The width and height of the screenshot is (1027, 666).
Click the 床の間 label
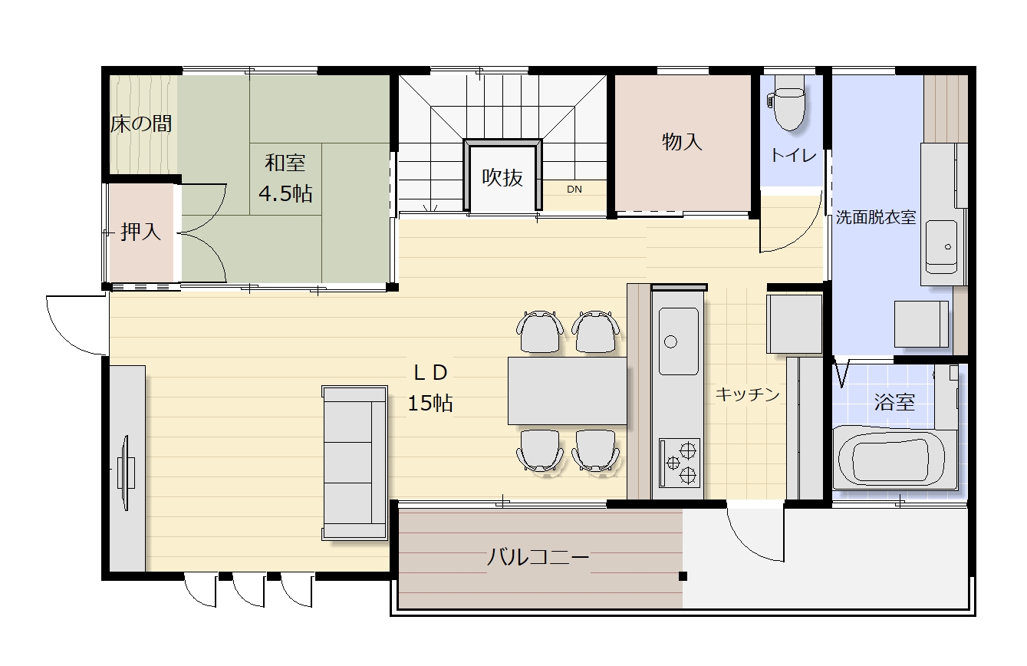(141, 124)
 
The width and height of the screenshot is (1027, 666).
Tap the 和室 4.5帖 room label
(285, 179)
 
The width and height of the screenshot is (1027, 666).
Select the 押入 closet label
(141, 232)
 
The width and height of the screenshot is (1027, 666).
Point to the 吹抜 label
(502, 177)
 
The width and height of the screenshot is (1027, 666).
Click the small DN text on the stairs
(574, 189)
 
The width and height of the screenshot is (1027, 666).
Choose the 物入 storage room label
(682, 142)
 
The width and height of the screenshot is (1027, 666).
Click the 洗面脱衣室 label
(875, 217)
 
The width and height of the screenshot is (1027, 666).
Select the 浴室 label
(894, 402)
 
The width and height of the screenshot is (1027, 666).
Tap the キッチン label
(747, 394)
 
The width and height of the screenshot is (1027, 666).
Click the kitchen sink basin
(679, 341)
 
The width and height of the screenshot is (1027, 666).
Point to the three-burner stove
(680, 463)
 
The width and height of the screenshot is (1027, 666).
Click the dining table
(567, 391)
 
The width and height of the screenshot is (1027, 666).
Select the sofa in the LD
(354, 463)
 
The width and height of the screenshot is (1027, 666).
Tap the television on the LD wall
(126, 473)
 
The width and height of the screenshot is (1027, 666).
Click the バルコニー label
(538, 557)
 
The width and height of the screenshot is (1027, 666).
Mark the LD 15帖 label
(430, 388)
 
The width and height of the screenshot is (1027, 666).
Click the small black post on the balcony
(683, 576)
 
